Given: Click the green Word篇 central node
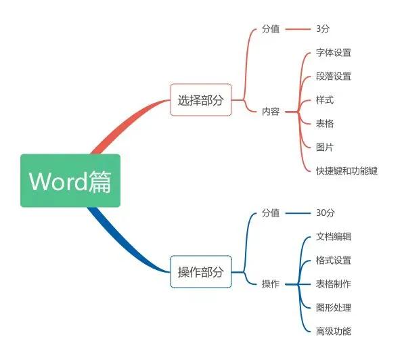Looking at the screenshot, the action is [70, 181].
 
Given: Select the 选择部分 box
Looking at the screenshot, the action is [201, 99].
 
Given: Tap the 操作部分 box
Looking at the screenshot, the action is [201, 271].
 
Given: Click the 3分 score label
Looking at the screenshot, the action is [323, 28].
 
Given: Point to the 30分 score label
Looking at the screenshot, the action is [326, 212].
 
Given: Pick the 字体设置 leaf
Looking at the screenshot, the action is [334, 53].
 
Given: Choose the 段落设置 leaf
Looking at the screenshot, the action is [334, 76].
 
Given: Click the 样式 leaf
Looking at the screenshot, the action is [325, 100].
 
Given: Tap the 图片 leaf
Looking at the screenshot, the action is [325, 148].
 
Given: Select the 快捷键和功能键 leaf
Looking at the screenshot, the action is [346, 171].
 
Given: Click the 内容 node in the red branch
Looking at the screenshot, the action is [271, 112].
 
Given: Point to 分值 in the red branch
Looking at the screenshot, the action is [271, 28].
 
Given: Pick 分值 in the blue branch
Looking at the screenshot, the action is [271, 213].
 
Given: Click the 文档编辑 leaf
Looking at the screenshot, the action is [334, 237].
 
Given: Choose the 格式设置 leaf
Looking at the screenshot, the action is [334, 261].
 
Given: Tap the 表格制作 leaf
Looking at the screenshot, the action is [334, 284].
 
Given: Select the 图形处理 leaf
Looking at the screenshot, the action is [334, 308].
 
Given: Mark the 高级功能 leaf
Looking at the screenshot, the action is [334, 332].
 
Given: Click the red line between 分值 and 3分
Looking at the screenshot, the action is [298, 29].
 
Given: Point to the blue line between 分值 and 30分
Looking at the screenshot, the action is [298, 213].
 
